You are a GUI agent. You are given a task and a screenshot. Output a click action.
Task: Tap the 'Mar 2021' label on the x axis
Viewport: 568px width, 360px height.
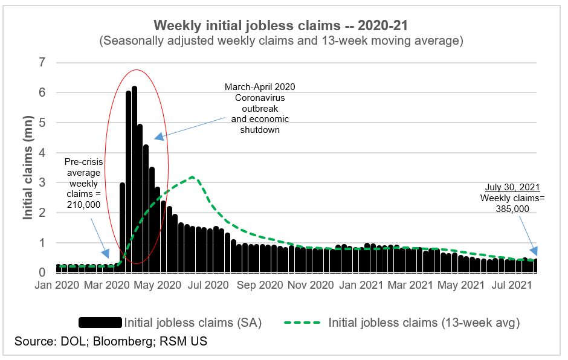[x=410, y=284]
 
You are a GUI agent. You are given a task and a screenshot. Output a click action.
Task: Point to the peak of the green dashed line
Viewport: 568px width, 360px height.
[x=192, y=177]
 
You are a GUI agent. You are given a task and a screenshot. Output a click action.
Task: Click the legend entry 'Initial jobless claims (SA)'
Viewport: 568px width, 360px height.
[x=192, y=323]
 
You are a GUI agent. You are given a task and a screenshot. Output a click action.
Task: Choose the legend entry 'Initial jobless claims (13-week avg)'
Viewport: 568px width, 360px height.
[x=424, y=323]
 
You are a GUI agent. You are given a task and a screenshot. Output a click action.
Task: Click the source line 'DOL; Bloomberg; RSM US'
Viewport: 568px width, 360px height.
[x=111, y=342]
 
